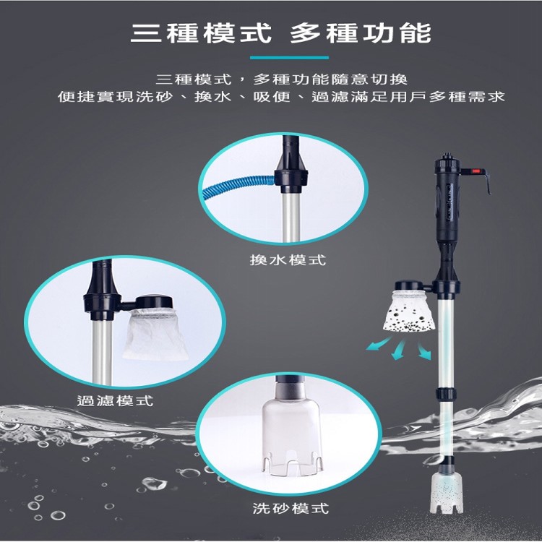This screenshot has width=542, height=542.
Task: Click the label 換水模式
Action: click(x=283, y=260)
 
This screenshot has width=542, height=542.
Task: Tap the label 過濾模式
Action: click(x=115, y=400)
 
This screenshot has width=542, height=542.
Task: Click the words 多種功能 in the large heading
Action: click(x=360, y=33)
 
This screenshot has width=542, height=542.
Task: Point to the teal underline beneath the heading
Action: click(x=288, y=57)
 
